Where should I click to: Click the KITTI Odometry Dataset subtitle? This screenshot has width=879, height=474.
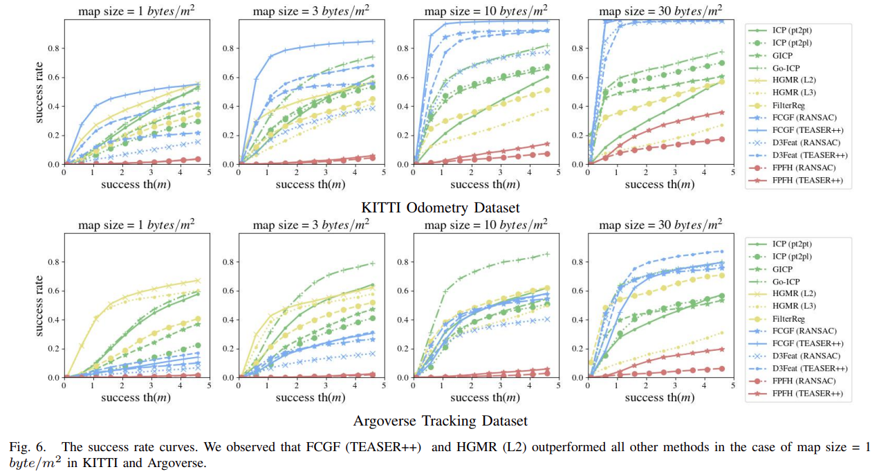coord(440,207)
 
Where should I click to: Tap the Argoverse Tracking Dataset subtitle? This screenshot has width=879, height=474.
coord(440,420)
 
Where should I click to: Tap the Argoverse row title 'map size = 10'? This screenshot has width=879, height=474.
coord(486,225)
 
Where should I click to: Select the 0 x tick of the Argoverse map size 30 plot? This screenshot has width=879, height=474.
coord(589,386)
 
